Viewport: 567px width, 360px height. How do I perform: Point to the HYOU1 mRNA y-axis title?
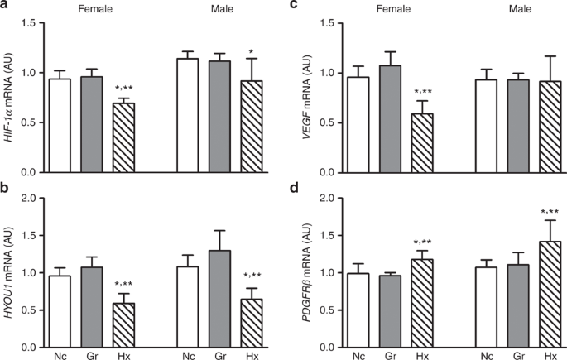point(12,273)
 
